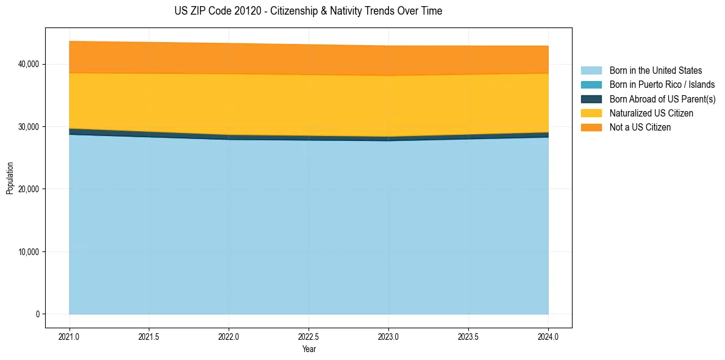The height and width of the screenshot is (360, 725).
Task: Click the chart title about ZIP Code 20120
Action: pyautogui.click(x=309, y=11)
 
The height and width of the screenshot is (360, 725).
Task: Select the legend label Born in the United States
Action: pyautogui.click(x=655, y=71)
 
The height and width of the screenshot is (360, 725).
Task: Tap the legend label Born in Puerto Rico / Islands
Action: pyautogui.click(x=662, y=85)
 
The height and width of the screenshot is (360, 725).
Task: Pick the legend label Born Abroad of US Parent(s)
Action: pyautogui.click(x=662, y=99)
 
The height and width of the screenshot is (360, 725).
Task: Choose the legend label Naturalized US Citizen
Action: pyautogui.click(x=651, y=113)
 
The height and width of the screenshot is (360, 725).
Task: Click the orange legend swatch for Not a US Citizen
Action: pyautogui.click(x=591, y=128)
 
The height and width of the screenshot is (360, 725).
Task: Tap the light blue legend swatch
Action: pyautogui.click(x=591, y=71)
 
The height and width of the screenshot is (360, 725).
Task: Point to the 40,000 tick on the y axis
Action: pyautogui.click(x=29, y=64)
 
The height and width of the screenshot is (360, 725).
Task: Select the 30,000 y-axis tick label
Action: pyautogui.click(x=29, y=127)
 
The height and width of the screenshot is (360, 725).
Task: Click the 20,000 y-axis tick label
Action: pyautogui.click(x=29, y=189)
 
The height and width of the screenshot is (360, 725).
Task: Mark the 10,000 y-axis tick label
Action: pyautogui.click(x=29, y=252)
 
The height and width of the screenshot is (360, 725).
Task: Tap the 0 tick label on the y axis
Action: pyautogui.click(x=37, y=314)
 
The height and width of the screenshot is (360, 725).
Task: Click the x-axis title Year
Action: pyautogui.click(x=309, y=349)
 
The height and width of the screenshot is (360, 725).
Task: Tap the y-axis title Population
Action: pyautogui.click(x=10, y=178)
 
